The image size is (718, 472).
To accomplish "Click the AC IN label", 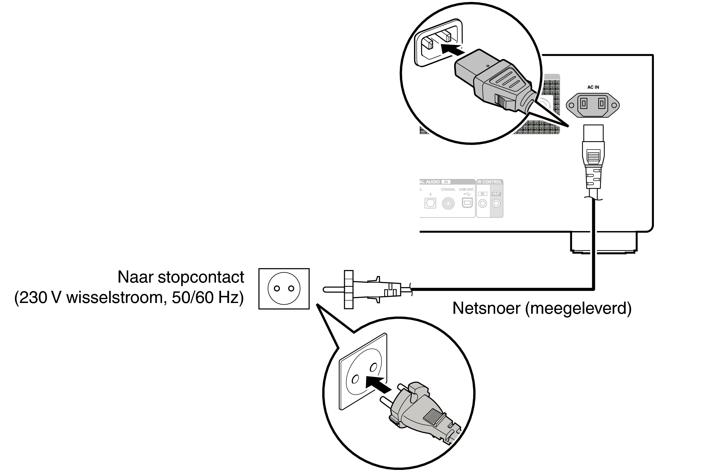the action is pos(593,87).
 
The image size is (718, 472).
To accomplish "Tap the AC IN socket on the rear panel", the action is pos(592,105).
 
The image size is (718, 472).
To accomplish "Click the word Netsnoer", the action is pos(487,308).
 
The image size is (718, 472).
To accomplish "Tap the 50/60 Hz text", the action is pos(208,298).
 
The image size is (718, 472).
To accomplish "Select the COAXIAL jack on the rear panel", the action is pos(448,204).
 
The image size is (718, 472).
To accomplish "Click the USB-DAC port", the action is pos(467,203).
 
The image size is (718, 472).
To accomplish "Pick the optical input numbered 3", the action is pos(430,203).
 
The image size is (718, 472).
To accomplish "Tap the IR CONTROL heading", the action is pos(489,182).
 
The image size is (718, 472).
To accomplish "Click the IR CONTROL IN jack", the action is pos(483,204).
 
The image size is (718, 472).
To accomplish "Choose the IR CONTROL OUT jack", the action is pos(496,204).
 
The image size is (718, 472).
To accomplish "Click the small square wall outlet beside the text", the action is pos(284,289).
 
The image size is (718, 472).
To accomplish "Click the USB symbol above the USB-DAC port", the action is pos(467,194).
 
